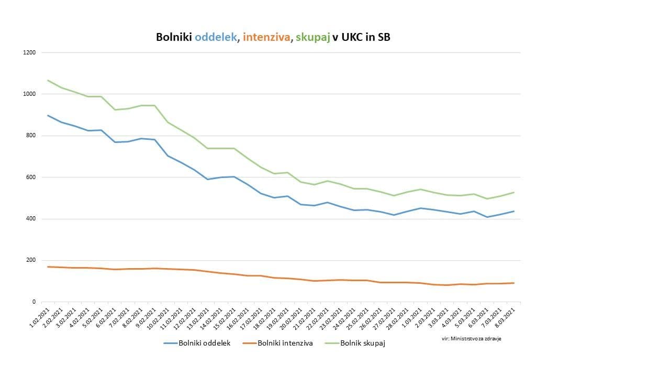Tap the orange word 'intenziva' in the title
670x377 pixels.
267,37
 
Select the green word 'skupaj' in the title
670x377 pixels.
312,37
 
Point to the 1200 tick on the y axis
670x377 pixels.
29,52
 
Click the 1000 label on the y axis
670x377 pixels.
29,94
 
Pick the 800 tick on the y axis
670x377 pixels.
31,136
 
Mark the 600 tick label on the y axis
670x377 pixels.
31,177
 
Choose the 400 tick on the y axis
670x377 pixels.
31,219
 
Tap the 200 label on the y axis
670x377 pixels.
31,260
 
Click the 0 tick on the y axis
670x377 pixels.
34,302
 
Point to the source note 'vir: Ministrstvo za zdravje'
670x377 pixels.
472,338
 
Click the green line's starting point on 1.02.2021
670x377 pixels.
48,80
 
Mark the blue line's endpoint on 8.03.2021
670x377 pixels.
514,211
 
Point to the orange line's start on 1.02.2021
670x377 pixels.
48,267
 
